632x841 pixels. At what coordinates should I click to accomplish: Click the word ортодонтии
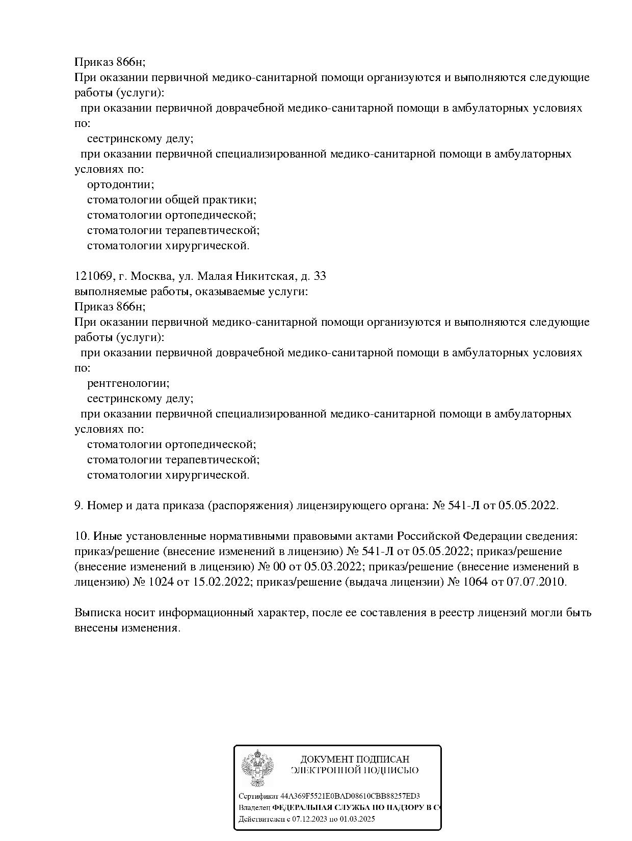[120, 185]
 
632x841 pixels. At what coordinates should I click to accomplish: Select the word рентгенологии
[128, 383]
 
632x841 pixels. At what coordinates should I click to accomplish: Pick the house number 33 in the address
[320, 276]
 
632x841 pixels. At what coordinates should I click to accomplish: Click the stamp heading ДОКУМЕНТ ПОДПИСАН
[355, 759]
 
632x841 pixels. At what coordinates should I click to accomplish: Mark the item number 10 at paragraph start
[81, 536]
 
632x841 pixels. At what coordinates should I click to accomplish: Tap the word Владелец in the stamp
[254, 808]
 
